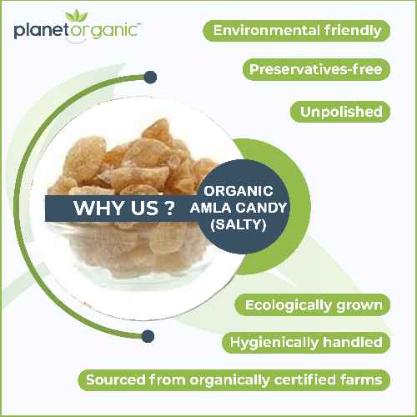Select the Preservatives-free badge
[316, 69]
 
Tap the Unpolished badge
[340, 111]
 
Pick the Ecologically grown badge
[313, 304]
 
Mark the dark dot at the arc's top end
[150, 78]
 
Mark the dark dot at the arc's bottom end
[148, 336]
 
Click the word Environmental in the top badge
[264, 31]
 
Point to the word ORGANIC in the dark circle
[239, 190]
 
